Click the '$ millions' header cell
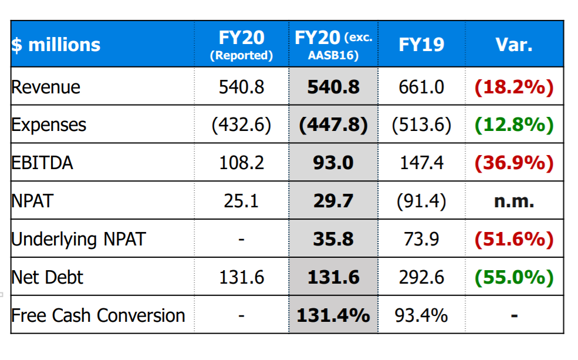(56, 45)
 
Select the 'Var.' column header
(513, 45)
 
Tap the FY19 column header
(421, 45)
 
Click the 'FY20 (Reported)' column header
(241, 45)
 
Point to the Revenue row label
(46, 87)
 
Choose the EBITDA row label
(42, 163)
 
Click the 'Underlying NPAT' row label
(78, 239)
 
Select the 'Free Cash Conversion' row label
(98, 315)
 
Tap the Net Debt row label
(47, 277)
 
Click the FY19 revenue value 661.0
(421, 87)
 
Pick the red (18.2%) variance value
(513, 87)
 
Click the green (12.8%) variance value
(513, 125)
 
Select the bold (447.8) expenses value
(333, 125)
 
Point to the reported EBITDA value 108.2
(241, 163)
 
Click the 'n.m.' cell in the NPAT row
(513, 201)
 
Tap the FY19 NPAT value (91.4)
(421, 201)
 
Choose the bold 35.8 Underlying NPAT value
(333, 239)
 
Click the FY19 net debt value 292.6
(421, 277)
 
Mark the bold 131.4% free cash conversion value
(333, 315)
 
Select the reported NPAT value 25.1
(241, 201)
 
